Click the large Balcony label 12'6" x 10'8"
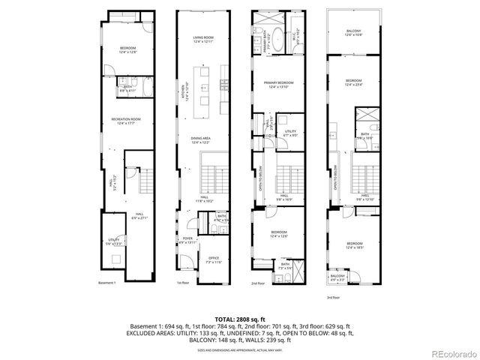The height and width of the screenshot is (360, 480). pyautogui.click(x=353, y=32)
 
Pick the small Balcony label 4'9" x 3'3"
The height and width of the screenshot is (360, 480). pyautogui.click(x=338, y=278)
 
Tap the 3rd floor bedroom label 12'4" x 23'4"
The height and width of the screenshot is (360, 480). pyautogui.click(x=354, y=82)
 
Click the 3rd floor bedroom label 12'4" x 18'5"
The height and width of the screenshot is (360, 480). pyautogui.click(x=355, y=244)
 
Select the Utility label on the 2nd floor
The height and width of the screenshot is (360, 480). pyautogui.click(x=290, y=133)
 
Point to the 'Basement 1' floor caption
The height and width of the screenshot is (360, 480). pyautogui.click(x=108, y=283)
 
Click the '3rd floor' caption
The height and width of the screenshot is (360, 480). pyautogui.click(x=332, y=298)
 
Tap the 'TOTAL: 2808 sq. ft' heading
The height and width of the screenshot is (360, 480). pyautogui.click(x=240, y=319)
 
